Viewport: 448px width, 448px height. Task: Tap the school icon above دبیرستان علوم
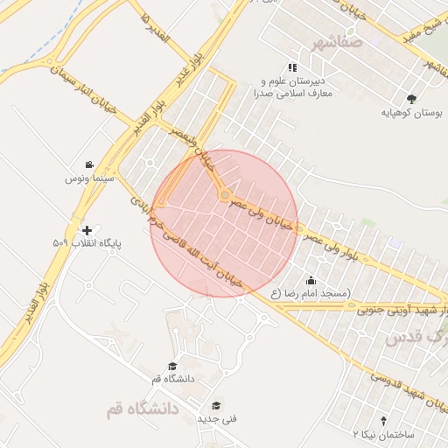[x=292, y=66]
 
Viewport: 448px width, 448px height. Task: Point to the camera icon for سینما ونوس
[x=89, y=164]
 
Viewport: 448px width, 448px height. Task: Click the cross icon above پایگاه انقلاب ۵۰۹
[x=86, y=229]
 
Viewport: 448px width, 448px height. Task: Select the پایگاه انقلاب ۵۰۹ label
[x=86, y=244]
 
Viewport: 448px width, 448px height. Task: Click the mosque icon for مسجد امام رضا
[x=311, y=280]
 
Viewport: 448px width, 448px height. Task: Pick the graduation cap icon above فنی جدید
[x=215, y=405]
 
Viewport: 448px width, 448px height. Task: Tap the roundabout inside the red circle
[x=225, y=193]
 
